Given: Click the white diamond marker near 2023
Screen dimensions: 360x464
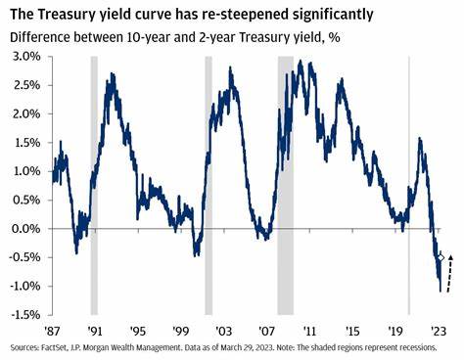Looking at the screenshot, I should [x=441, y=258].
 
